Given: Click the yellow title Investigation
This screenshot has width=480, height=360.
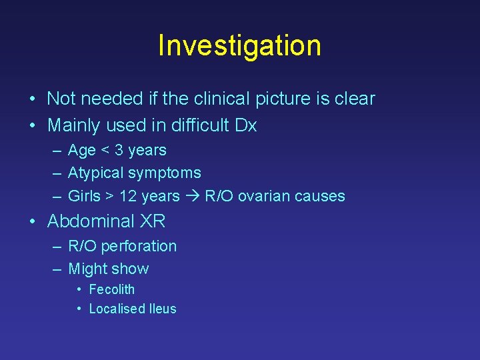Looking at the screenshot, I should [x=239, y=45].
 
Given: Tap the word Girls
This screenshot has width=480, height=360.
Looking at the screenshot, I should [x=84, y=196].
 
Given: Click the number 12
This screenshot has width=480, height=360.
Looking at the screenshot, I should [x=127, y=196].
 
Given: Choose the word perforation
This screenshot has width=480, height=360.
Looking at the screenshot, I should [x=138, y=247].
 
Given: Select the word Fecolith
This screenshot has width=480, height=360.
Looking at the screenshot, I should [x=111, y=290].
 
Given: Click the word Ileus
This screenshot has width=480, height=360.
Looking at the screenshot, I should [x=163, y=309].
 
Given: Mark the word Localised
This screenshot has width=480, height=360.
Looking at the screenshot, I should [x=117, y=309].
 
